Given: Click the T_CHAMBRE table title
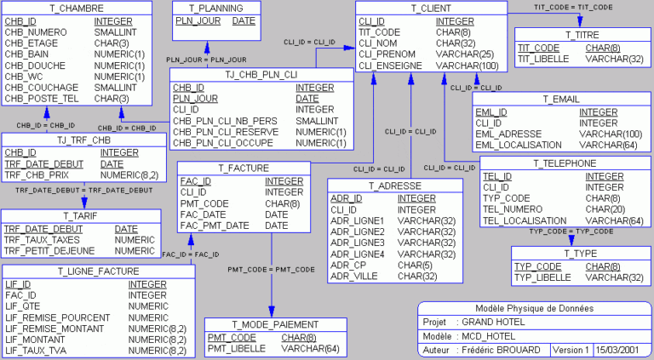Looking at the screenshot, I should pyautogui.click(x=76, y=9).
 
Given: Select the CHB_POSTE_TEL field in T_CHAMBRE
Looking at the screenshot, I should pyautogui.click(x=42, y=98).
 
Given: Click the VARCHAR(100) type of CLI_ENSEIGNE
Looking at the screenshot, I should pyautogui.click(x=468, y=65).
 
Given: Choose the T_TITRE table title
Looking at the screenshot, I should pyautogui.click(x=582, y=35).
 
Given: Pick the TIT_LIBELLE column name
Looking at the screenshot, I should pyautogui.click(x=545, y=60).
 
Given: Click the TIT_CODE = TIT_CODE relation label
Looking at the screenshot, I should pyautogui.click(x=573, y=7).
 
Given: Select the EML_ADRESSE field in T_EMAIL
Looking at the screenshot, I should pyautogui.click(x=510, y=134).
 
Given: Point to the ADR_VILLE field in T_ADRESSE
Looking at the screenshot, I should pyautogui.click(x=354, y=276).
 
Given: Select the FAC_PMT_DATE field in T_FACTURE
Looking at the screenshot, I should pyautogui.click(x=215, y=226).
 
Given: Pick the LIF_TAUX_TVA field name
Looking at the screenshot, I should pyautogui.click(x=39, y=350).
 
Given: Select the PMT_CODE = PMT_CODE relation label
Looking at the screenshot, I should pyautogui.click(x=271, y=269).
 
